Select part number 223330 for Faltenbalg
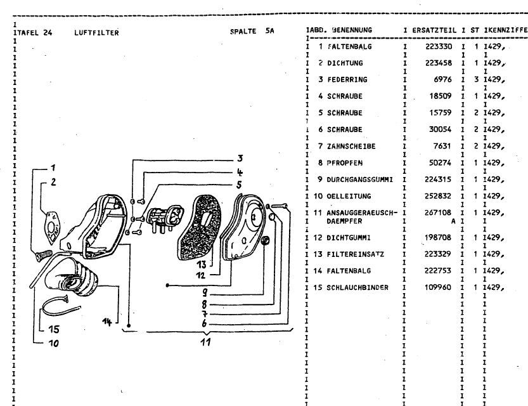point(436,47)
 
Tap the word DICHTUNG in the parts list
point(344,63)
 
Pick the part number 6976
point(442,80)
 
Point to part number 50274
point(439,162)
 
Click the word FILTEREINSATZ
point(355,254)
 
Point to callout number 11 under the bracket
point(207,342)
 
